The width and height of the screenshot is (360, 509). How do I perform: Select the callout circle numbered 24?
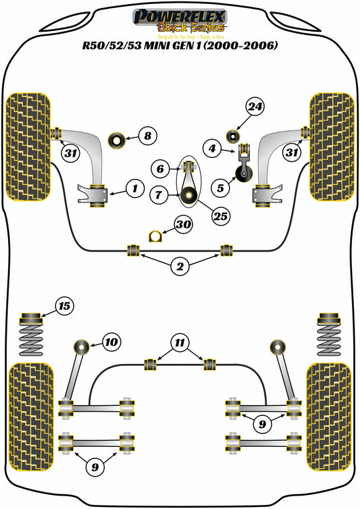click(256, 107)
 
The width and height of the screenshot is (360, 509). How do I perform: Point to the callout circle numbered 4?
click(212, 149)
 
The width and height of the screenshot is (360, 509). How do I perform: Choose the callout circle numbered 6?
click(161, 168)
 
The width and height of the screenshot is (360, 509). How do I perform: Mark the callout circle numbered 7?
click(159, 195)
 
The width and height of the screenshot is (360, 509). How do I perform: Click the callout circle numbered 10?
click(111, 342)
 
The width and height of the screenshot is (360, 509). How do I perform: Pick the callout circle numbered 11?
click(178, 344)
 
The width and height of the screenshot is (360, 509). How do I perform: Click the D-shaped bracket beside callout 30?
click(155, 236)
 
